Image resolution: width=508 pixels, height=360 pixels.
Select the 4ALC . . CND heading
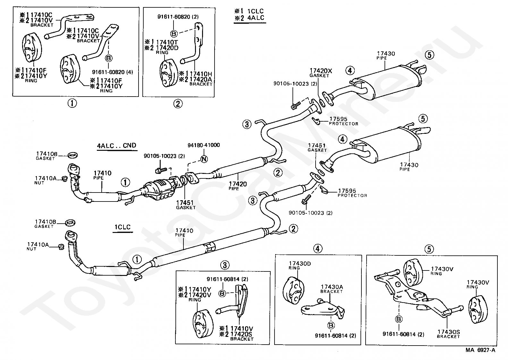click(x=116, y=145)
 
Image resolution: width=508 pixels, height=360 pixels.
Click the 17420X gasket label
click(x=320, y=70)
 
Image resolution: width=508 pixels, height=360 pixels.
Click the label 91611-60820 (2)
click(x=178, y=17)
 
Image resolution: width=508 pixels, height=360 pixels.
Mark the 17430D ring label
click(x=300, y=264)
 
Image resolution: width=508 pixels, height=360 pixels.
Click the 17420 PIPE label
click(x=238, y=184)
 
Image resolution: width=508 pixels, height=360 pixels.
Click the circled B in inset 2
click(x=174, y=33)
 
